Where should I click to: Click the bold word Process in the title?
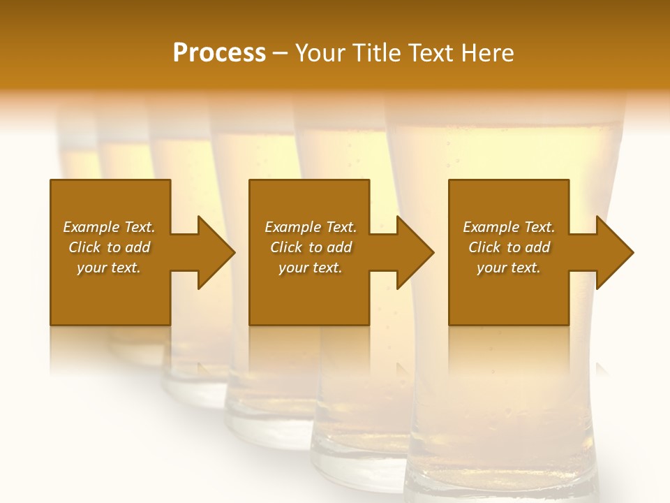pyautogui.click(x=219, y=52)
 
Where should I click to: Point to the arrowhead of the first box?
pyautogui.click(x=214, y=252)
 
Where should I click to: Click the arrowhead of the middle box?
pyautogui.click(x=412, y=252)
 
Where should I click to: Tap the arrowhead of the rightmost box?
pyautogui.click(x=612, y=252)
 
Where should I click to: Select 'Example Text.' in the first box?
pyautogui.click(x=109, y=227)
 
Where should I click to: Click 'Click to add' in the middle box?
pyautogui.click(x=311, y=247)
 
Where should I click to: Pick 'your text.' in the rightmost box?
pyautogui.click(x=508, y=268)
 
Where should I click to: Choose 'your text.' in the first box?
pyautogui.click(x=109, y=268)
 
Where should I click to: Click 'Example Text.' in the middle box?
pyautogui.click(x=311, y=227)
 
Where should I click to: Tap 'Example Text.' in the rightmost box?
pyautogui.click(x=509, y=227)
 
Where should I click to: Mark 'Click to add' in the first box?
pyautogui.click(x=109, y=247)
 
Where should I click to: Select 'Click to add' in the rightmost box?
pyautogui.click(x=509, y=247)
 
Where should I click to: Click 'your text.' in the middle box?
pyautogui.click(x=310, y=268)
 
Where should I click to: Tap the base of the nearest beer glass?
pyautogui.click(x=502, y=482)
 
